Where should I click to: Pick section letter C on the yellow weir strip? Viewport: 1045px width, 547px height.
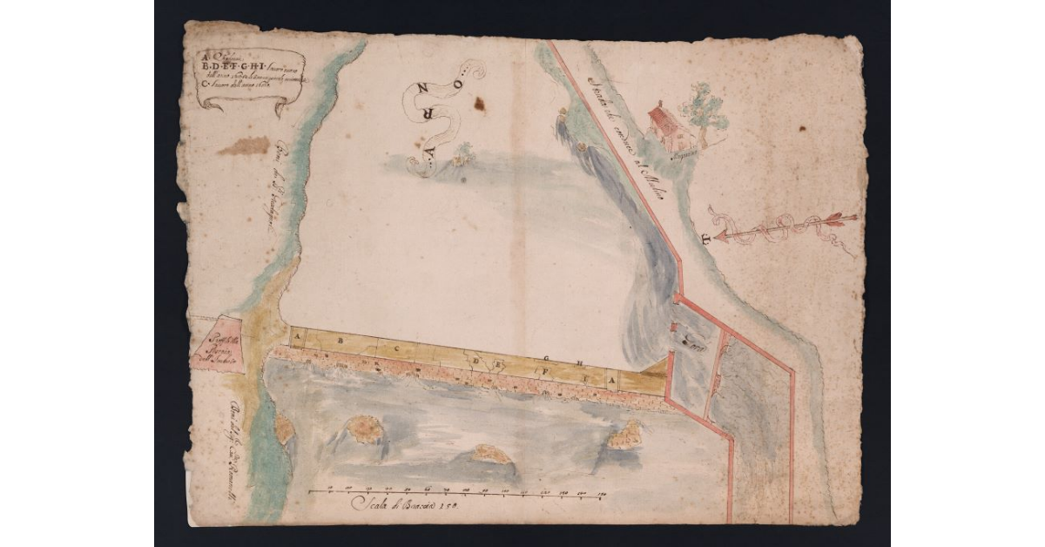(396, 347)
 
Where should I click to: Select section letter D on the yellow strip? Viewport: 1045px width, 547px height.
(476, 360)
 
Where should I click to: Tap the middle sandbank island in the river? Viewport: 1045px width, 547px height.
(490, 455)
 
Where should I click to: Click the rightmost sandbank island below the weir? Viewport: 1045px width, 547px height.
(625, 433)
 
